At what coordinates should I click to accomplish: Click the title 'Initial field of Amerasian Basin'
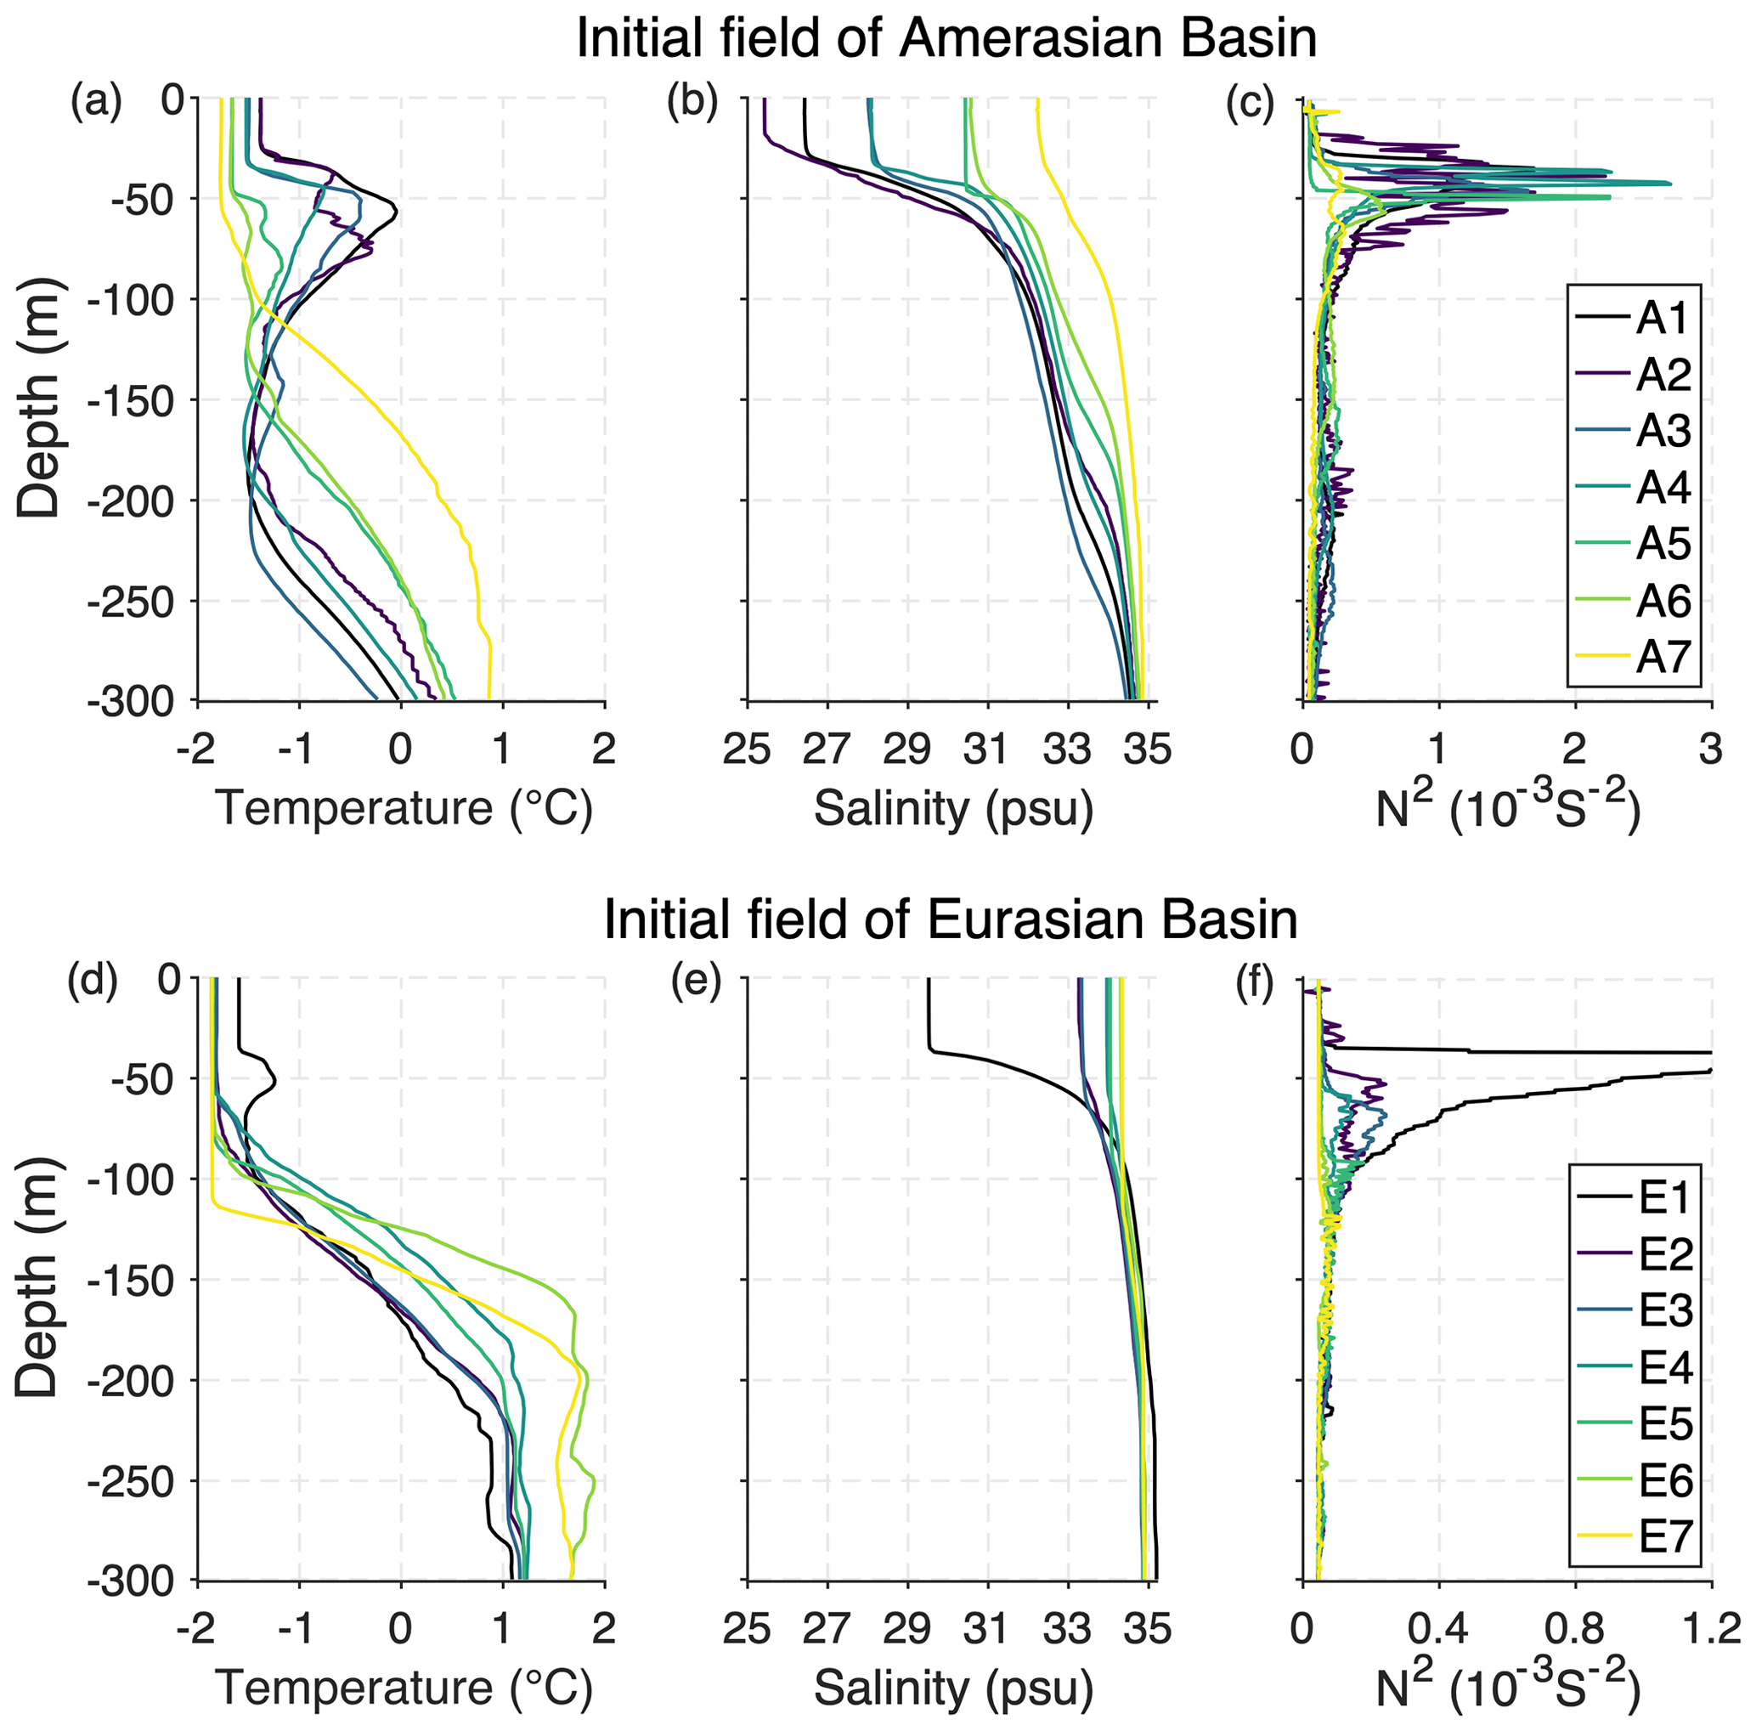pos(946,40)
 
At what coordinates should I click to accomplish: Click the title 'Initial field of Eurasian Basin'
pos(951,920)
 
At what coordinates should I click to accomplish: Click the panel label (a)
pos(96,103)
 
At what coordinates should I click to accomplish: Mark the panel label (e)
pos(695,983)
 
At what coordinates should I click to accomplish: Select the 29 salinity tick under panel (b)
pos(907,750)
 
